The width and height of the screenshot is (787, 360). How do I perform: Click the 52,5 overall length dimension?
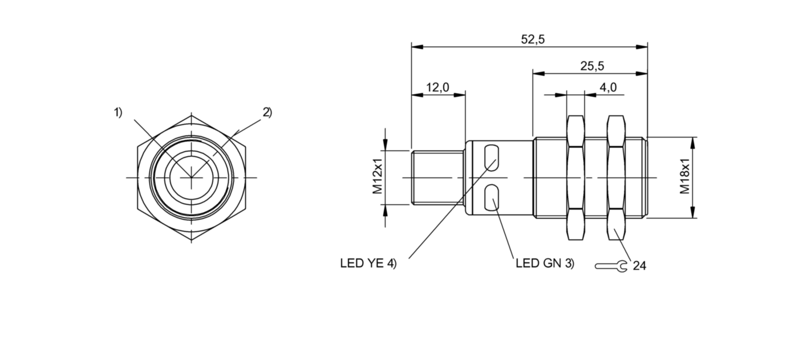pos(533,39)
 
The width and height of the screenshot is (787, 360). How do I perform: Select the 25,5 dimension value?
pos(592,66)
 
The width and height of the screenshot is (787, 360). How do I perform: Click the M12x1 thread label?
pos(378,177)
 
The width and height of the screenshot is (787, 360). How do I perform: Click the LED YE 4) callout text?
pos(368,264)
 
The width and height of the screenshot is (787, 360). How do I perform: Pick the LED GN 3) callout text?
pos(545,264)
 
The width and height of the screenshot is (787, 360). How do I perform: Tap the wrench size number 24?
pos(639,266)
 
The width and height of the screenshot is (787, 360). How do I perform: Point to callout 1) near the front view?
pos(117,112)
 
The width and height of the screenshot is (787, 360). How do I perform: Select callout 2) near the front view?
pos(267,112)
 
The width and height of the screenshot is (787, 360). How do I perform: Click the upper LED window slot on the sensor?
pos(492,156)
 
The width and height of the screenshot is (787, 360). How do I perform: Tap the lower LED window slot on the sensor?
pos(492,199)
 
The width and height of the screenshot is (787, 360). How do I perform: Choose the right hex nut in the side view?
pos(616,177)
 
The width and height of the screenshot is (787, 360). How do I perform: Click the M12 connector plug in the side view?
pos(438,177)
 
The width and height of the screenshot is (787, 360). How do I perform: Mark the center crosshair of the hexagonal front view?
pos(192,177)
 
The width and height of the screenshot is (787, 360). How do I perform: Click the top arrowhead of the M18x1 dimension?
pos(694,140)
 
